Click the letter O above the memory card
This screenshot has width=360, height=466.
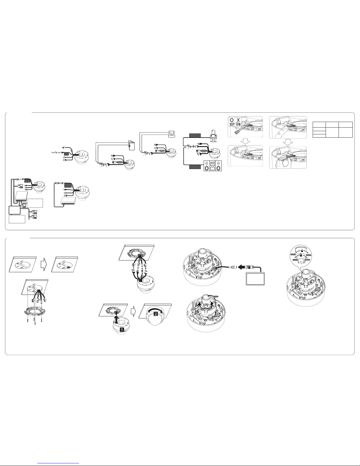point(232,120)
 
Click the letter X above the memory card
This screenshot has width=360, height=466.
point(238,120)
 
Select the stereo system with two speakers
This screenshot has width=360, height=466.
point(212,166)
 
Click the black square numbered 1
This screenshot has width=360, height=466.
point(122,330)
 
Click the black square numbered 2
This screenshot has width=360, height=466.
point(156,314)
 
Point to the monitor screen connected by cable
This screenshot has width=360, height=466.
point(255,278)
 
